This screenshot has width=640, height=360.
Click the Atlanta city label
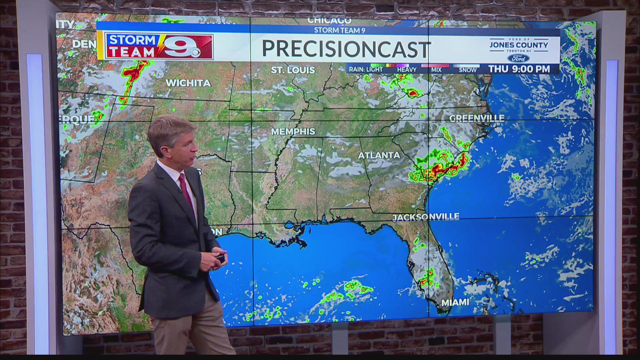(379, 155)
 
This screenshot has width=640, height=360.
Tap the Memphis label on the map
(293, 132)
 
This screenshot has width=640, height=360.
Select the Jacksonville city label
(426, 217)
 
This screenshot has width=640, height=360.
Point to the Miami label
(455, 302)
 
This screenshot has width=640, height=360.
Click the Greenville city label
(477, 118)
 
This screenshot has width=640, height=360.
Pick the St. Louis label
(293, 70)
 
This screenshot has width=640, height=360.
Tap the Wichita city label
(188, 83)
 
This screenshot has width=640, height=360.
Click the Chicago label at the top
(329, 21)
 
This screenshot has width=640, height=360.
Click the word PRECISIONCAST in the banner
(346, 49)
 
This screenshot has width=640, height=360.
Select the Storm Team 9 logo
(159, 46)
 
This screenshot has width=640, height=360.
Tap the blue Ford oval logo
(519, 59)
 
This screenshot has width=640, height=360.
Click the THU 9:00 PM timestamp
(519, 69)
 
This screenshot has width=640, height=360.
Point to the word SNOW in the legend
(468, 70)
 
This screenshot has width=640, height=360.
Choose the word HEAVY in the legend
(407, 70)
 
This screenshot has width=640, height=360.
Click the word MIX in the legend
(436, 70)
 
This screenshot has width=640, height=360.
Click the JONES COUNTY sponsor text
(519, 45)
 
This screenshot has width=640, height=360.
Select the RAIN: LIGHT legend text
(366, 70)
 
